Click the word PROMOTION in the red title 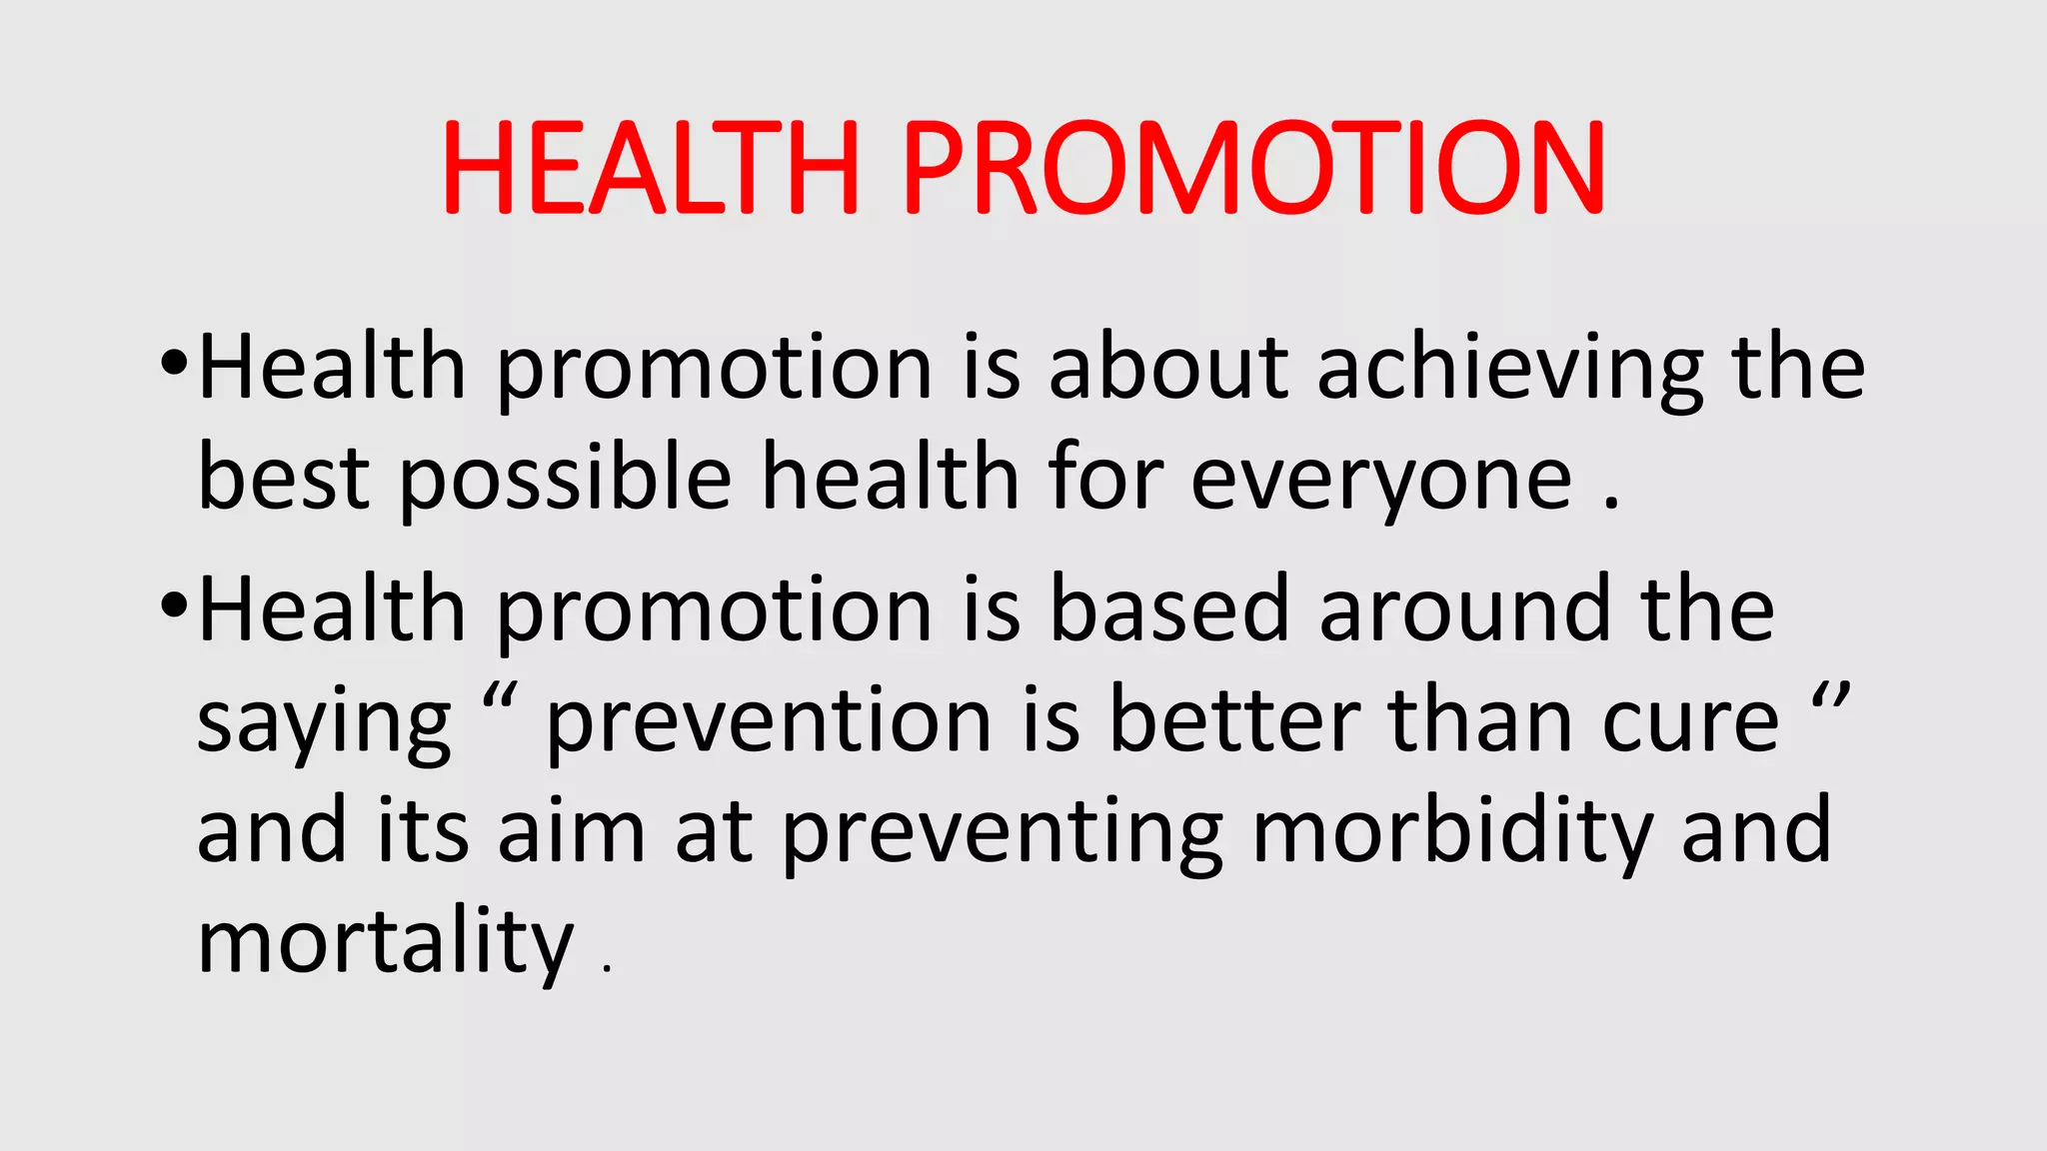point(1254,167)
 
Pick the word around point(1464,611)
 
